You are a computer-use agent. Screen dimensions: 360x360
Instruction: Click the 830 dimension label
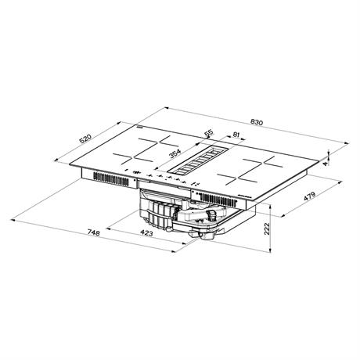pos(257,122)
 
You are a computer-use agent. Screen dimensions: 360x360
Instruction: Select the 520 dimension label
pos(86,139)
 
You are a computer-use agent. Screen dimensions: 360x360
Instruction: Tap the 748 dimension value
pos(93,232)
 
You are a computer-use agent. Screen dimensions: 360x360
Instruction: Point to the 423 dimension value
pos(146,233)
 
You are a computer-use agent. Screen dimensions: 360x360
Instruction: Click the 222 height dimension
pos(267,229)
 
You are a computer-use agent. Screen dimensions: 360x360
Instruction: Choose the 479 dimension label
pos(310,196)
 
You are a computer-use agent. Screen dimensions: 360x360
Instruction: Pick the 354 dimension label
pos(175,153)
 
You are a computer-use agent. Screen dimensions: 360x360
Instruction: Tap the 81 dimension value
pos(236,135)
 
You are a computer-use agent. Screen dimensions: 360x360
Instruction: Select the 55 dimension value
pos(209,133)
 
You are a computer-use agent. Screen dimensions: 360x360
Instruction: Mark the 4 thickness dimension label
pos(325,164)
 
